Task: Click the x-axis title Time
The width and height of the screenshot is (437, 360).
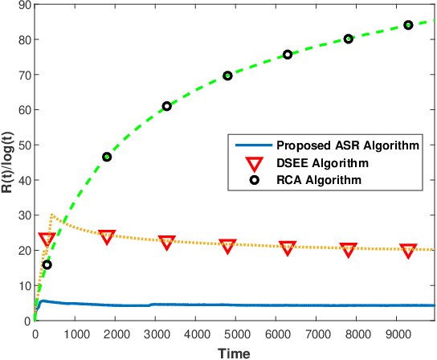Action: click(234, 352)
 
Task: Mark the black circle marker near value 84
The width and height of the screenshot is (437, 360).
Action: click(408, 25)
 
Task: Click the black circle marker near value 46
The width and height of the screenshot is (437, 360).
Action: click(107, 157)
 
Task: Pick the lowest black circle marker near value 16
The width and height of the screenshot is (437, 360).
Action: click(47, 264)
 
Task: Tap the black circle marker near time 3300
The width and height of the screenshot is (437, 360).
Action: click(167, 106)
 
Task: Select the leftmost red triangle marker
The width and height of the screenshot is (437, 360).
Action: click(47, 239)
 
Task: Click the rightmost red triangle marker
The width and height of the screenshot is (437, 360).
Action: click(408, 250)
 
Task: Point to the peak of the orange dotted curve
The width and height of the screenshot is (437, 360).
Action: click(51, 215)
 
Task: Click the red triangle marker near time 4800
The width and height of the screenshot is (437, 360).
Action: click(227, 245)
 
